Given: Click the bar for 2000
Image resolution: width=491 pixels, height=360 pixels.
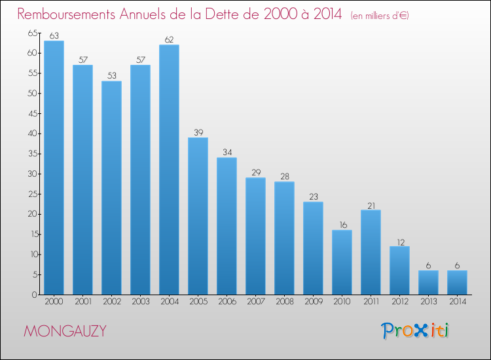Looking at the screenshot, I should (x=54, y=168).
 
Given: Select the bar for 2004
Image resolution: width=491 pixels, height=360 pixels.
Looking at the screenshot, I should (x=169, y=170).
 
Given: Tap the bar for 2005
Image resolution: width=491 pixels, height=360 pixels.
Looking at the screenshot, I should (x=198, y=216).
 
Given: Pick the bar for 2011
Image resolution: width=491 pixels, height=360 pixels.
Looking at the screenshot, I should (x=371, y=252).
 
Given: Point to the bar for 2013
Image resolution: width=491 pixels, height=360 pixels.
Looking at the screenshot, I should (x=428, y=282).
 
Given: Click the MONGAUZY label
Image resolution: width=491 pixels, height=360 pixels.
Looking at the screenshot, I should (x=65, y=331).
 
